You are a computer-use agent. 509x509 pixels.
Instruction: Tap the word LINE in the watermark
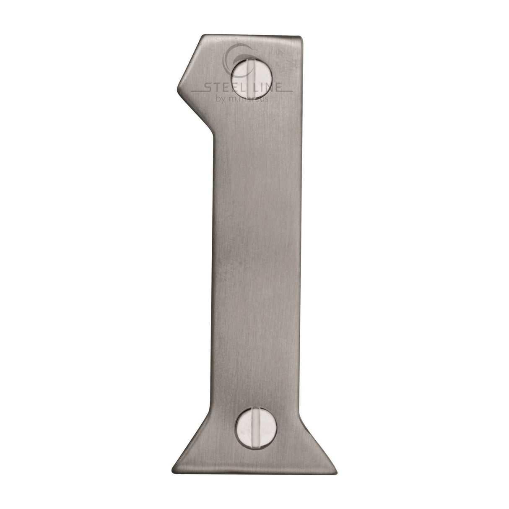tap(267, 87)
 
